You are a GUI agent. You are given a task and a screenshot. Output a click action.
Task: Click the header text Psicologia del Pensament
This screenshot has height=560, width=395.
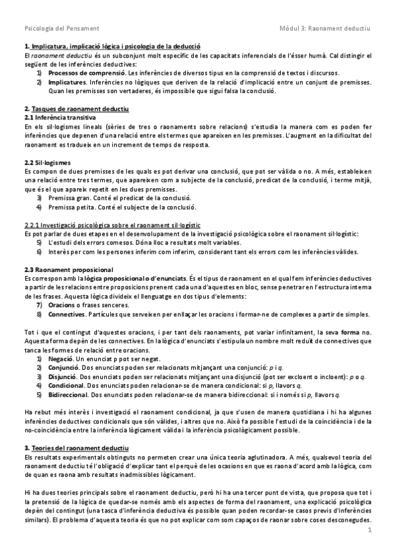point(61,29)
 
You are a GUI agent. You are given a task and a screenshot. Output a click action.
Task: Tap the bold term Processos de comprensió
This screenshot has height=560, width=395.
point(80,72)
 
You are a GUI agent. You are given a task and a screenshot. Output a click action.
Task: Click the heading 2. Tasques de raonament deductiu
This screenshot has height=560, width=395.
point(76,108)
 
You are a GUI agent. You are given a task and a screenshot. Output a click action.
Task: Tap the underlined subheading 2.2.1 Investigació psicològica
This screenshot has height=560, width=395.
point(112,225)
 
